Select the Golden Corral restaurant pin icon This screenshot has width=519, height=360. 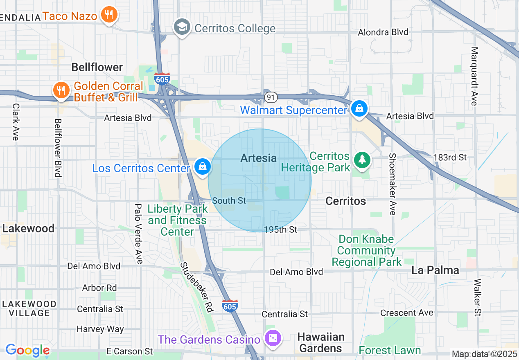61,90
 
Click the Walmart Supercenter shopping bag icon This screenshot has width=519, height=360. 359,109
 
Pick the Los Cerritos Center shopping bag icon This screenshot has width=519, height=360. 202,167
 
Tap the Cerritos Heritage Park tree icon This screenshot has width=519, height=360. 362,160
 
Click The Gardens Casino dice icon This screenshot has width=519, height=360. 272,338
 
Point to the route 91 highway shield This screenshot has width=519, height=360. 271,97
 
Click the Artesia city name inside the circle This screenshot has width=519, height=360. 259,158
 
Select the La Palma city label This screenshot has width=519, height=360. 435,270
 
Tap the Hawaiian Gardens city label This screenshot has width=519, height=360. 321,342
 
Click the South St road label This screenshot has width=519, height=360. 229,200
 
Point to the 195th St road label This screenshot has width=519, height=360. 281,230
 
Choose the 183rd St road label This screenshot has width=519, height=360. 451,157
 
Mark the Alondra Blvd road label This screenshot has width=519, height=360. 383,32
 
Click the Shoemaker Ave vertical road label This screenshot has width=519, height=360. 393,184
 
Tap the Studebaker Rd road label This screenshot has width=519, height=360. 197,287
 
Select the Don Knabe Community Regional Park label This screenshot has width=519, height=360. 367,250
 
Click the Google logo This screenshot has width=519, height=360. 27,350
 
